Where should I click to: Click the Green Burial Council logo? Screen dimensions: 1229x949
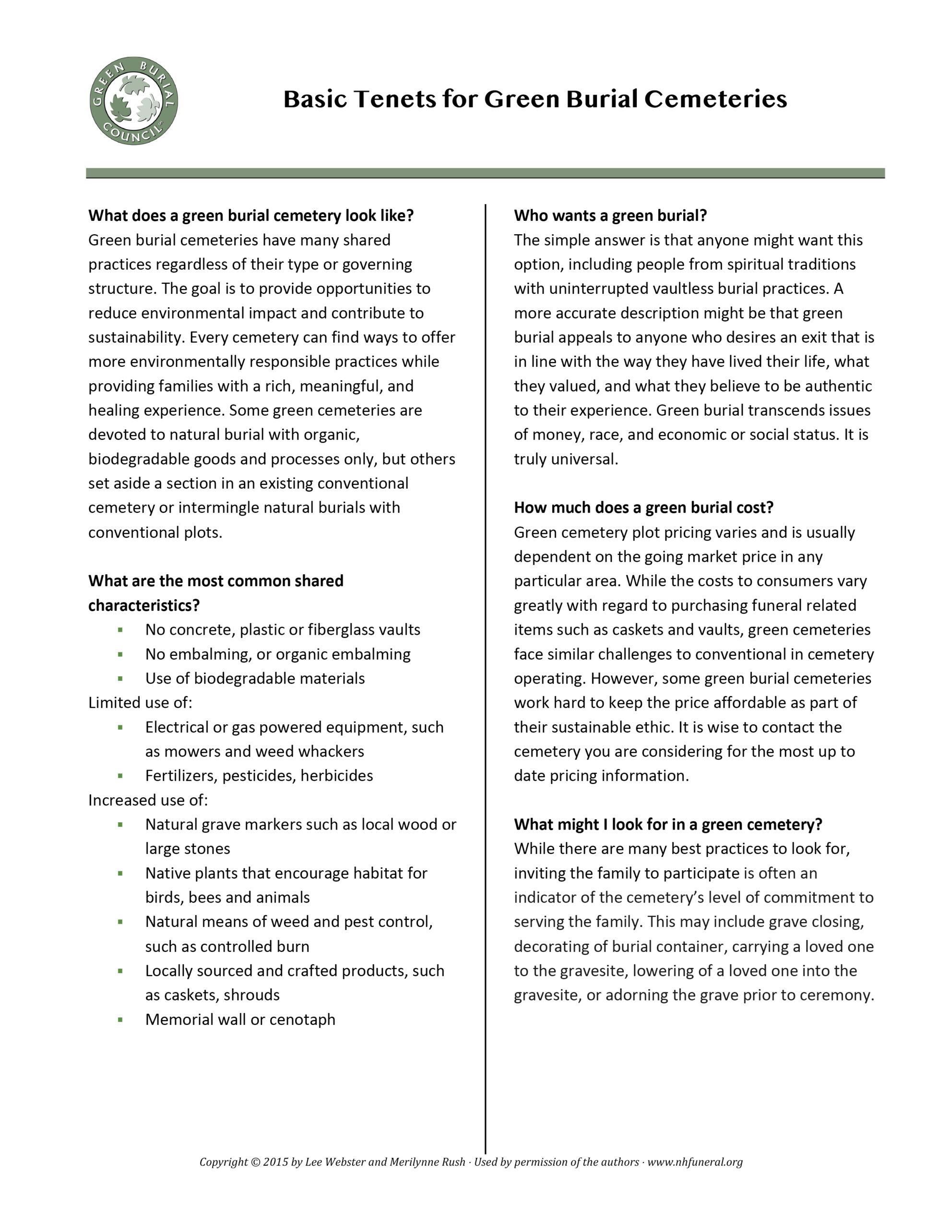tap(134, 101)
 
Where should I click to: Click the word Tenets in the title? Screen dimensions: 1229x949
tap(395, 99)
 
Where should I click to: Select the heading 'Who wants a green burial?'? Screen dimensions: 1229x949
tap(610, 216)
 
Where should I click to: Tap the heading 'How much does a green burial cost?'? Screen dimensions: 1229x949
tap(643, 507)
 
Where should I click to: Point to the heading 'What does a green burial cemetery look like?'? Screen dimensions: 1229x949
tap(251, 216)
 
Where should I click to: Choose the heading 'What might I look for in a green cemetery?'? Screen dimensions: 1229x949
tap(668, 824)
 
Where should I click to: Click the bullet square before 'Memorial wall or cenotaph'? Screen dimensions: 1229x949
tap(120, 1020)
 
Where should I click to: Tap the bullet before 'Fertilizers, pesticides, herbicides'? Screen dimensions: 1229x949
tap(120, 776)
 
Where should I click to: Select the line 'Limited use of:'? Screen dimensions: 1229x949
tap(140, 703)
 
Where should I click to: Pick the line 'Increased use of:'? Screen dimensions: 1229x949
tap(148, 800)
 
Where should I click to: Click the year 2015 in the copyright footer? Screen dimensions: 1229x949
tap(276, 1162)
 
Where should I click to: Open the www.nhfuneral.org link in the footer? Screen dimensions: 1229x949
tap(695, 1162)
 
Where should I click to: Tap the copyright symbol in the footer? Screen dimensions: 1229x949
tap(254, 1162)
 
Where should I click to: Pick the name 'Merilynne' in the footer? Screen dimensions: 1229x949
tap(417, 1162)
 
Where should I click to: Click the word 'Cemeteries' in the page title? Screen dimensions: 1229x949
tap(715, 99)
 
